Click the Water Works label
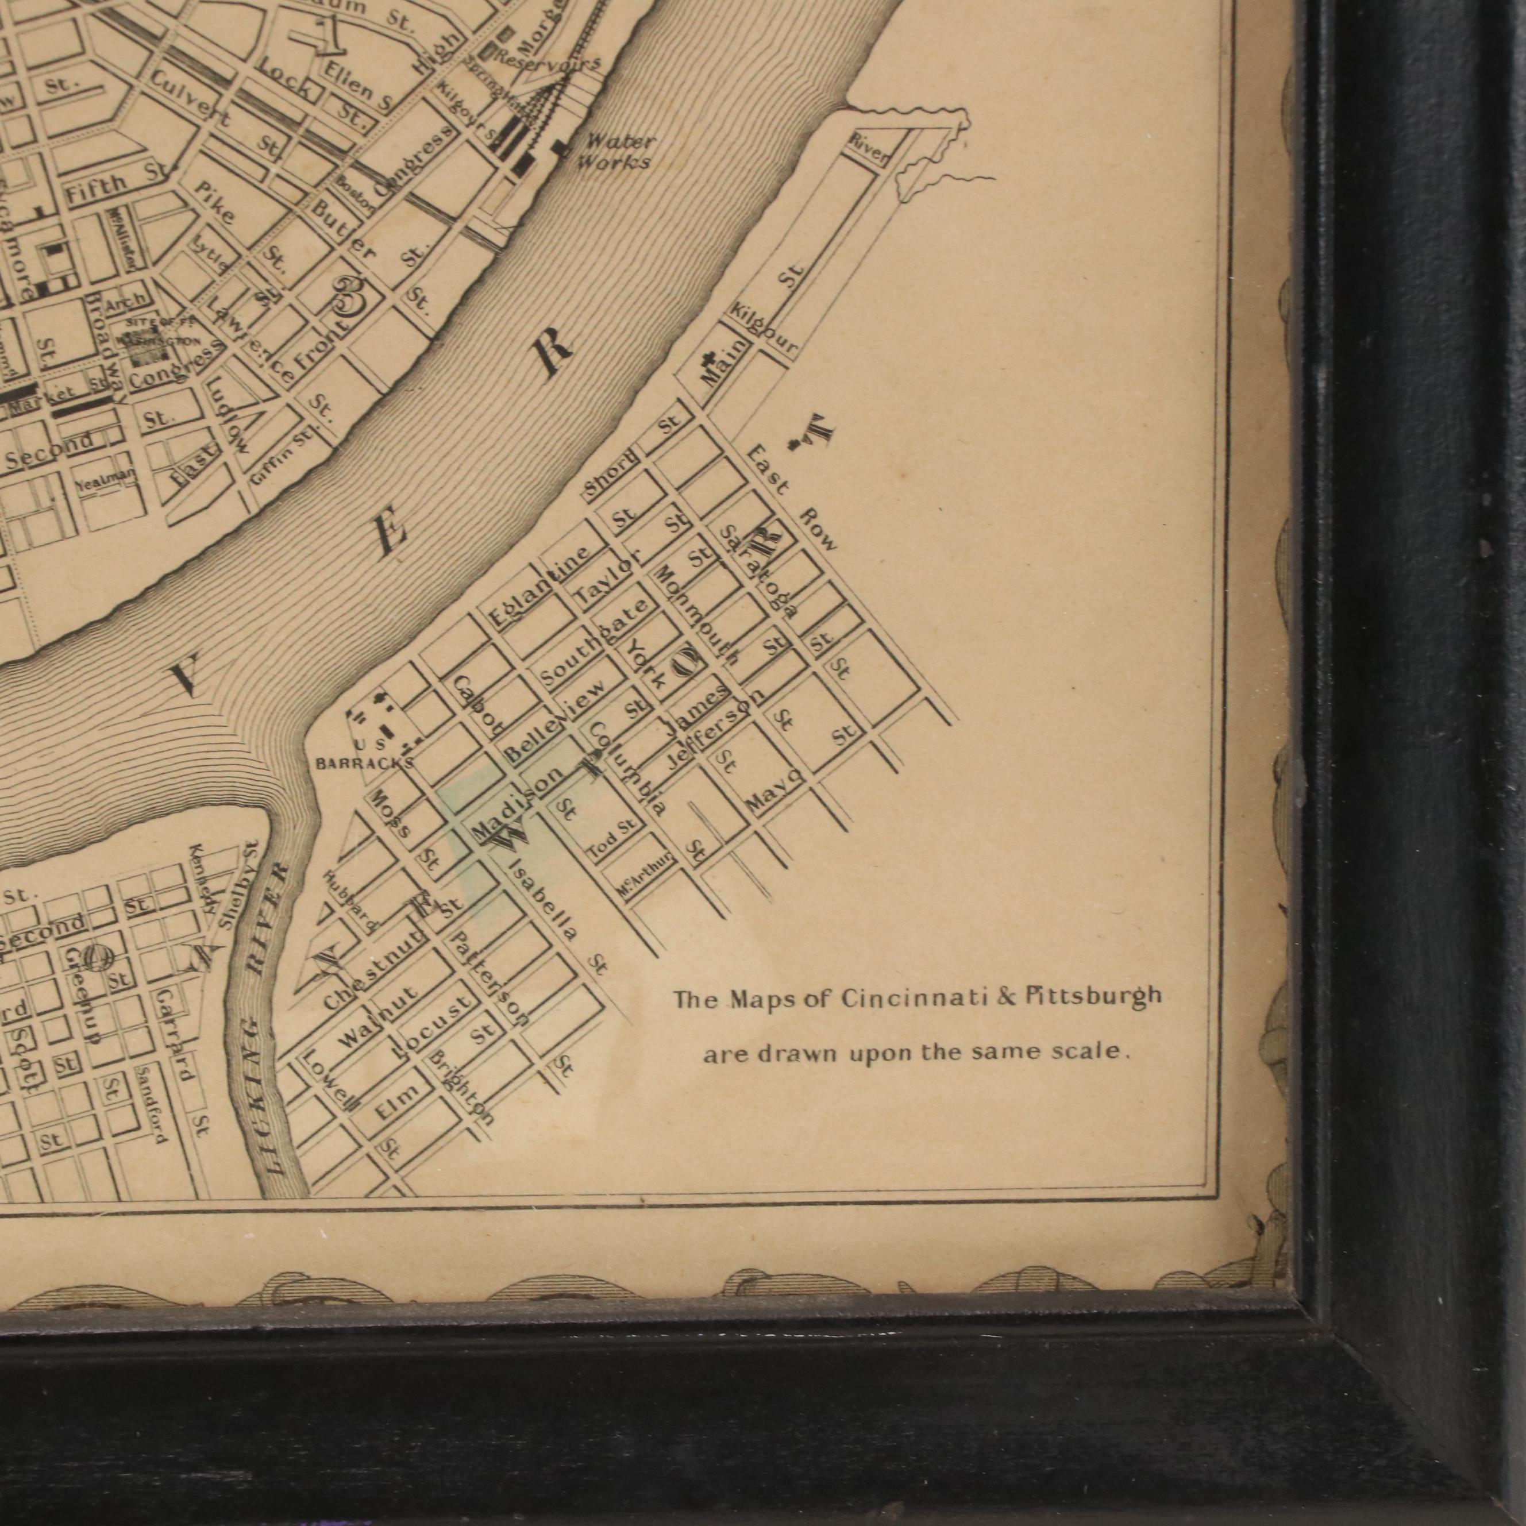(x=615, y=152)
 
